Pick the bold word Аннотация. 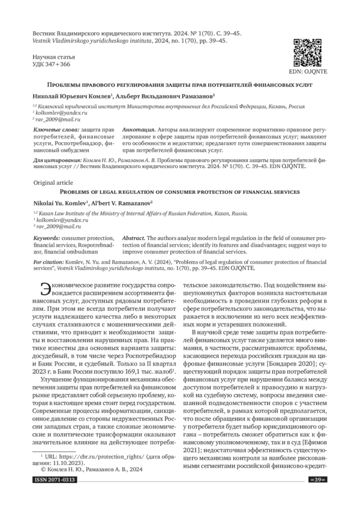pyautogui.click(x=137, y=130)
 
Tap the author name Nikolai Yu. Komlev pyautogui.click(x=59, y=203)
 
